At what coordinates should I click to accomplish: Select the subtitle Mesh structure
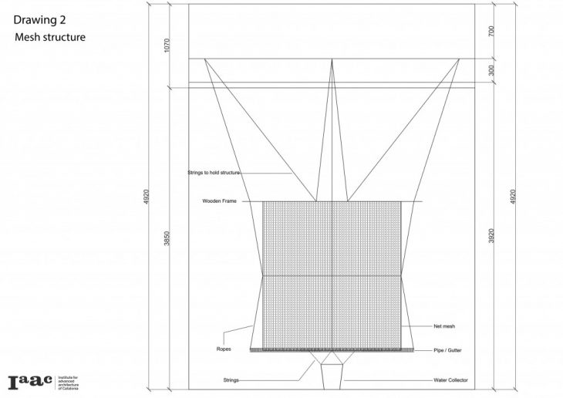pos(49,37)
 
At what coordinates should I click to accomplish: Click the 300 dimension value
pos(490,69)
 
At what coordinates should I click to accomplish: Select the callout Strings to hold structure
pos(214,173)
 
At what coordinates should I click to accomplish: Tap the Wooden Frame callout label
pos(219,201)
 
